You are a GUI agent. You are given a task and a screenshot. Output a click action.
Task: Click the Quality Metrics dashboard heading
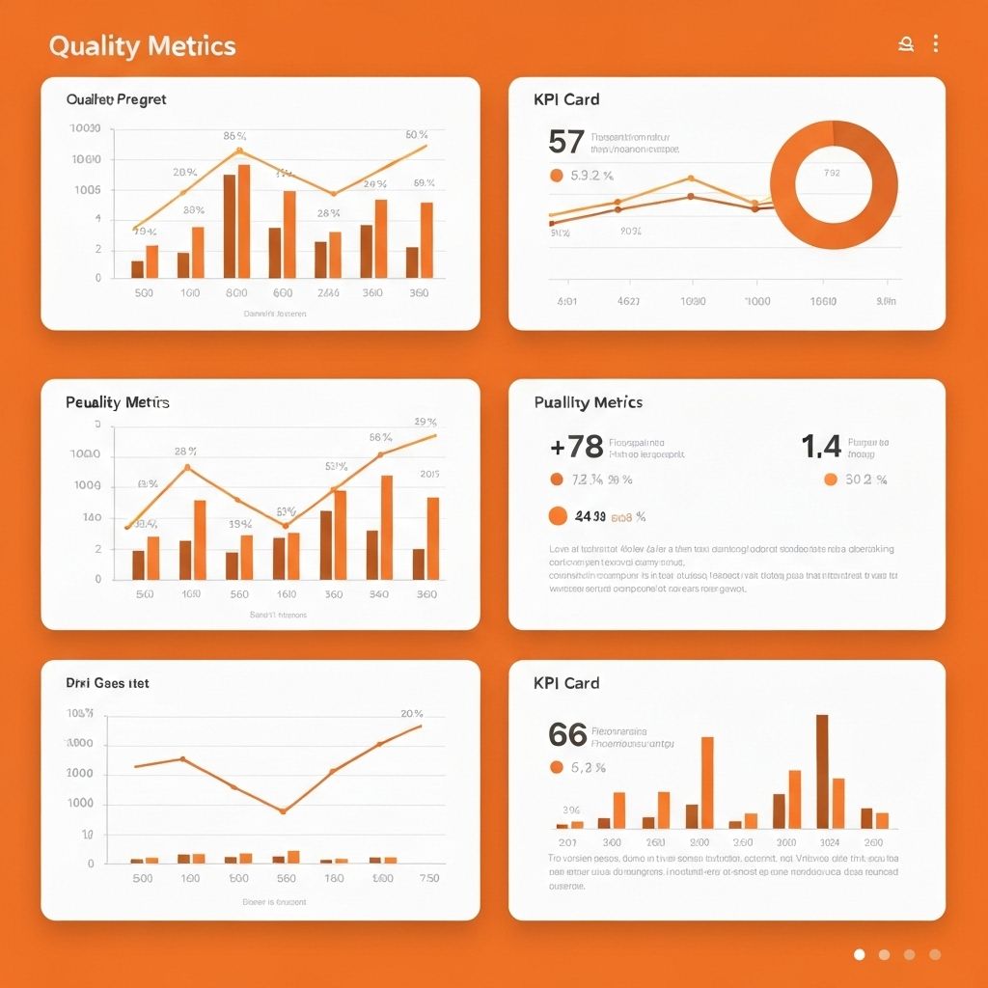(142, 45)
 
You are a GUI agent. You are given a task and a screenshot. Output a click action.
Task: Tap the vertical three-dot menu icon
(935, 43)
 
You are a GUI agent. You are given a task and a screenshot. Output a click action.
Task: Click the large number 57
(565, 142)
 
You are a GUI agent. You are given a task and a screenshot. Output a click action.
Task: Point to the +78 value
(576, 446)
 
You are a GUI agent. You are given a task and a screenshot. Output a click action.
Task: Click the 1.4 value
(821, 446)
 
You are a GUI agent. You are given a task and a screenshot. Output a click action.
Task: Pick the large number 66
(567, 734)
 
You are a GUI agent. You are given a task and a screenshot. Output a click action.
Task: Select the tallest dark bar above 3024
(822, 771)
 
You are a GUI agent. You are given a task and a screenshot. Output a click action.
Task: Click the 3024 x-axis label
(828, 842)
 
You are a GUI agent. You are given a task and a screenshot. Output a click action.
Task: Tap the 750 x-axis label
(428, 878)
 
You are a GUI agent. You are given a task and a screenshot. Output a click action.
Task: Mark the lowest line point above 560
(283, 811)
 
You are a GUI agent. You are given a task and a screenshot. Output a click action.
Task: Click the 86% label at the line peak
(235, 136)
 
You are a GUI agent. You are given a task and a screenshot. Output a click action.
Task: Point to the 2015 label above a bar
(429, 474)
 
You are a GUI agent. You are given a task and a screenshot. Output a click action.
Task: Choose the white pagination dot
(860, 954)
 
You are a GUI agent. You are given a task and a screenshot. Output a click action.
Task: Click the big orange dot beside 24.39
(558, 516)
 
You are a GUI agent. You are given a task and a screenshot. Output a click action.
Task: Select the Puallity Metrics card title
(588, 402)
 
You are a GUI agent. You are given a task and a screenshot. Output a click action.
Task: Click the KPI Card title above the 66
(566, 683)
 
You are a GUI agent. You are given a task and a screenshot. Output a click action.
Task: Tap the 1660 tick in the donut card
(823, 301)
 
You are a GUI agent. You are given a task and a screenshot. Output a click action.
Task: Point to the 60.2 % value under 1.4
(866, 480)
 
